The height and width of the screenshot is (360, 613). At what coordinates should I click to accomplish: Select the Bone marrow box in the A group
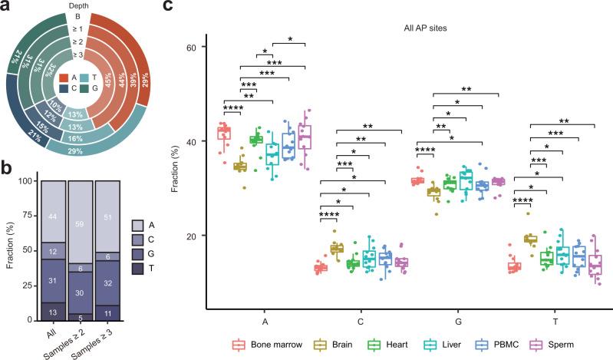224,133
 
